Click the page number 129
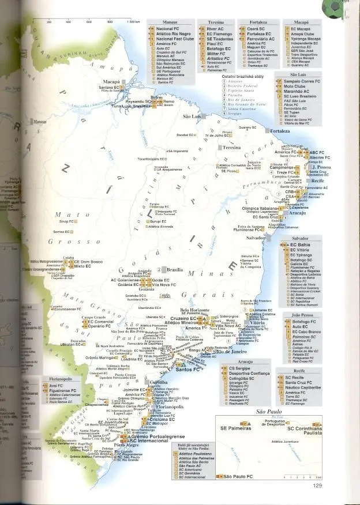click(x=317, y=485)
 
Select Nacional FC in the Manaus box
click(x=167, y=28)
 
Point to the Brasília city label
click(x=175, y=269)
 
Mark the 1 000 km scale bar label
click(x=134, y=21)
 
